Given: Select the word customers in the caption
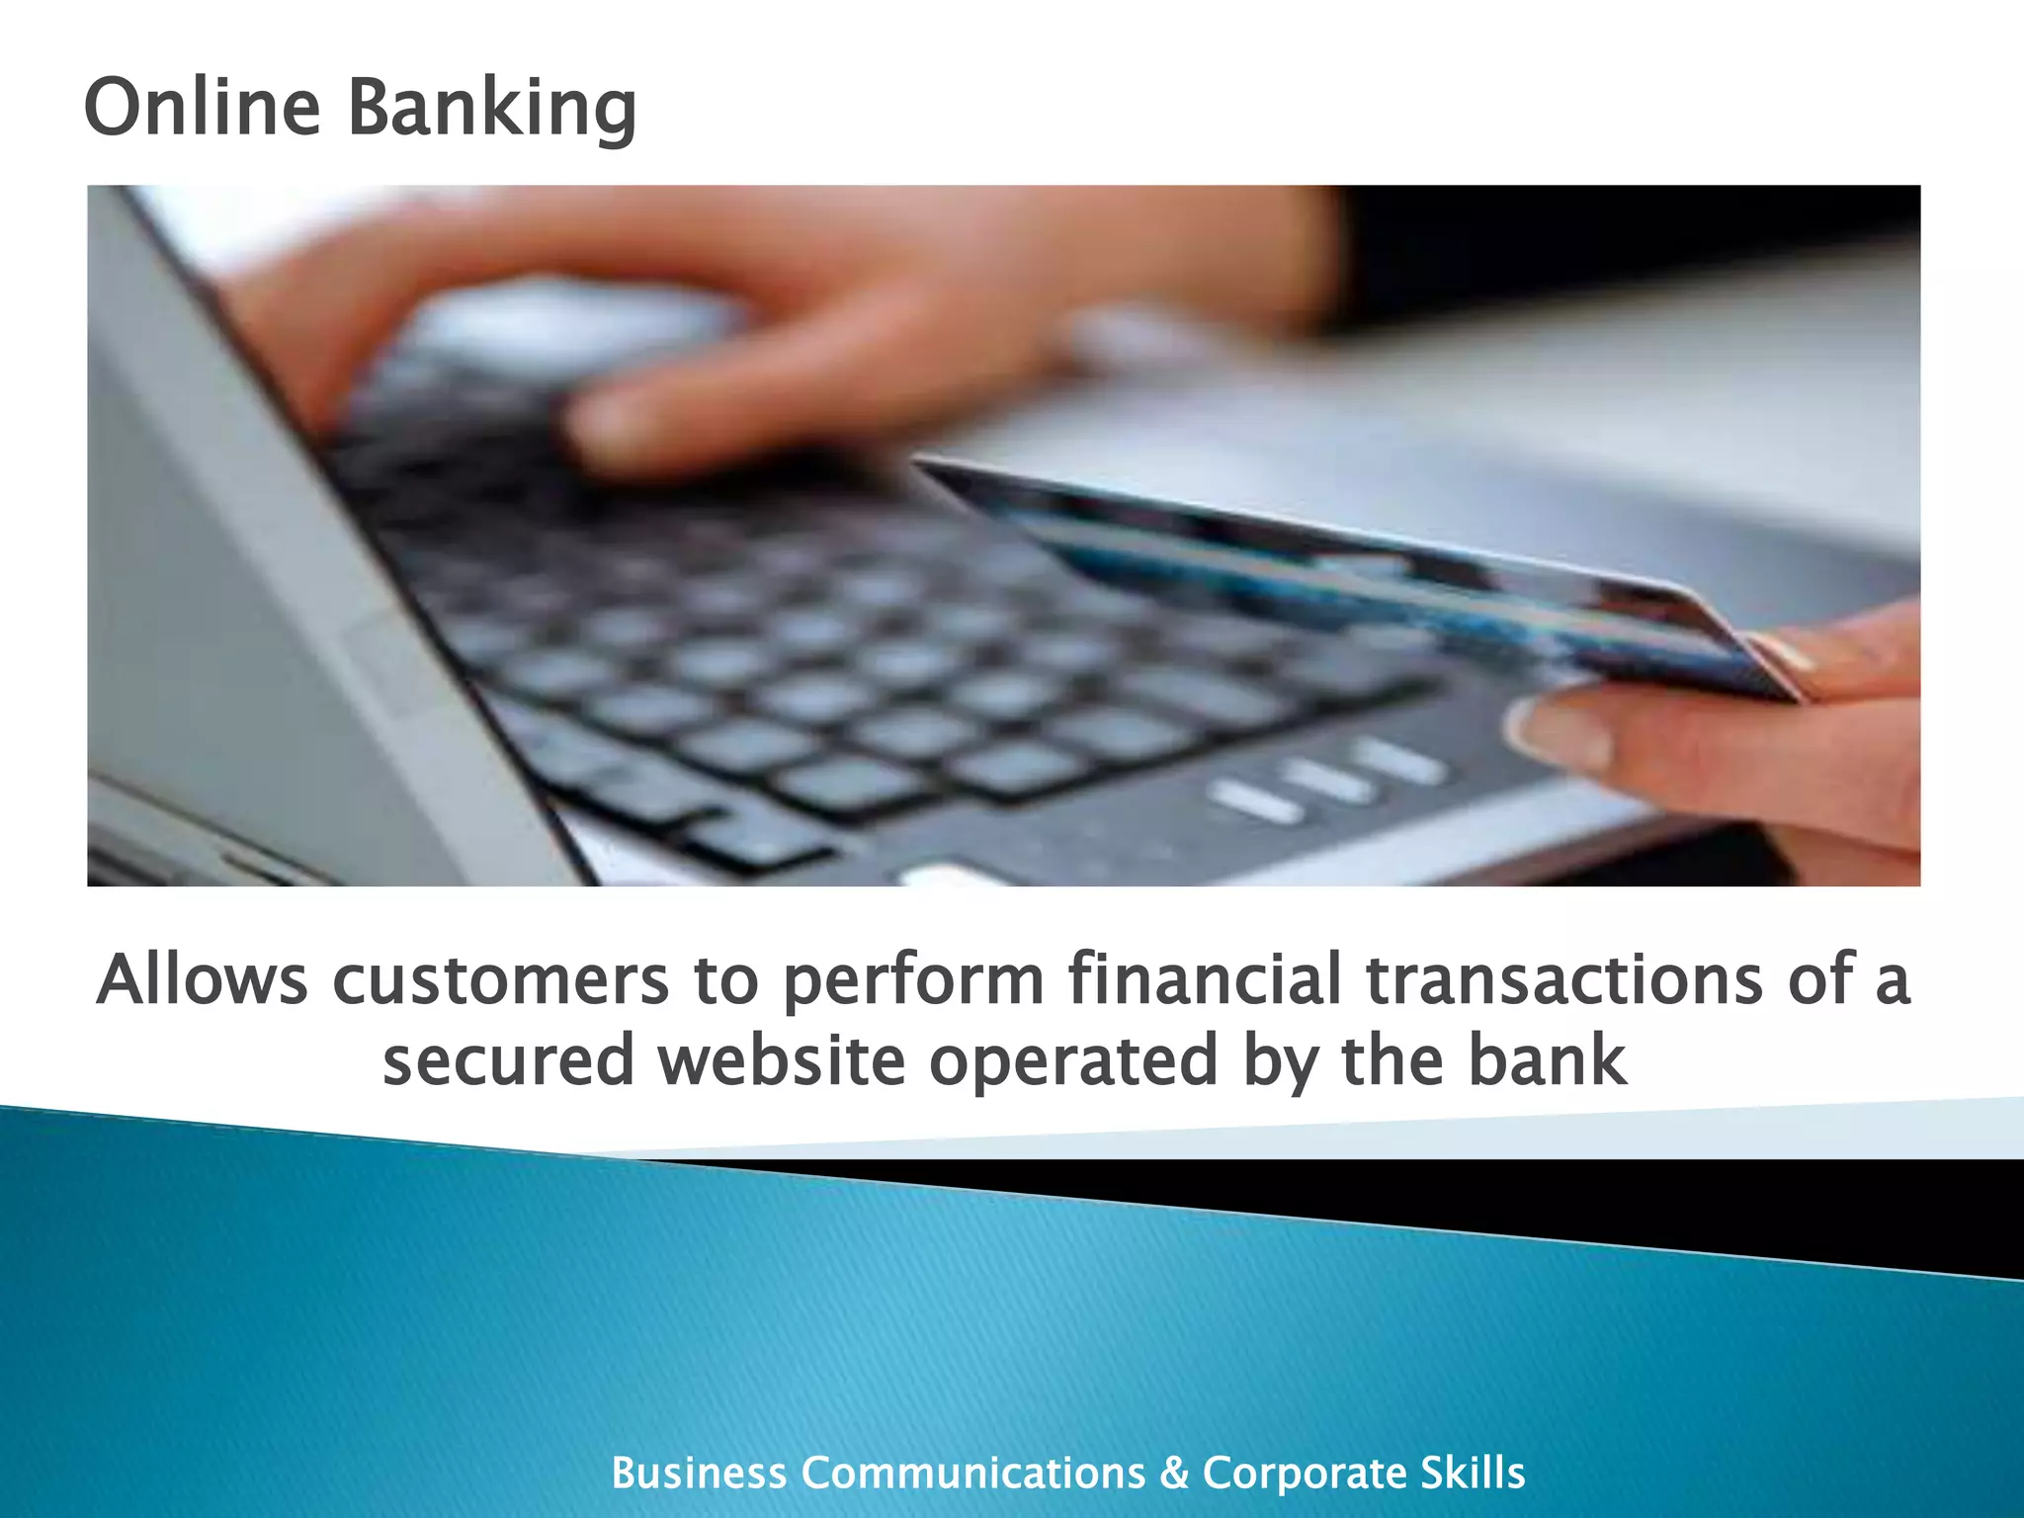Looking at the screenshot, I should (500, 981).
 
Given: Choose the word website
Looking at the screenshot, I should (782, 1060).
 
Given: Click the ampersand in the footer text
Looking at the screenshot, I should (1174, 1474).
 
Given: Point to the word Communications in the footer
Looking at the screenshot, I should (972, 1474).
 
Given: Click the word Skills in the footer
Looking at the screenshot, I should (1473, 1474).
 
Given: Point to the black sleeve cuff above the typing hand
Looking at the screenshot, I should (1621, 247).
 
